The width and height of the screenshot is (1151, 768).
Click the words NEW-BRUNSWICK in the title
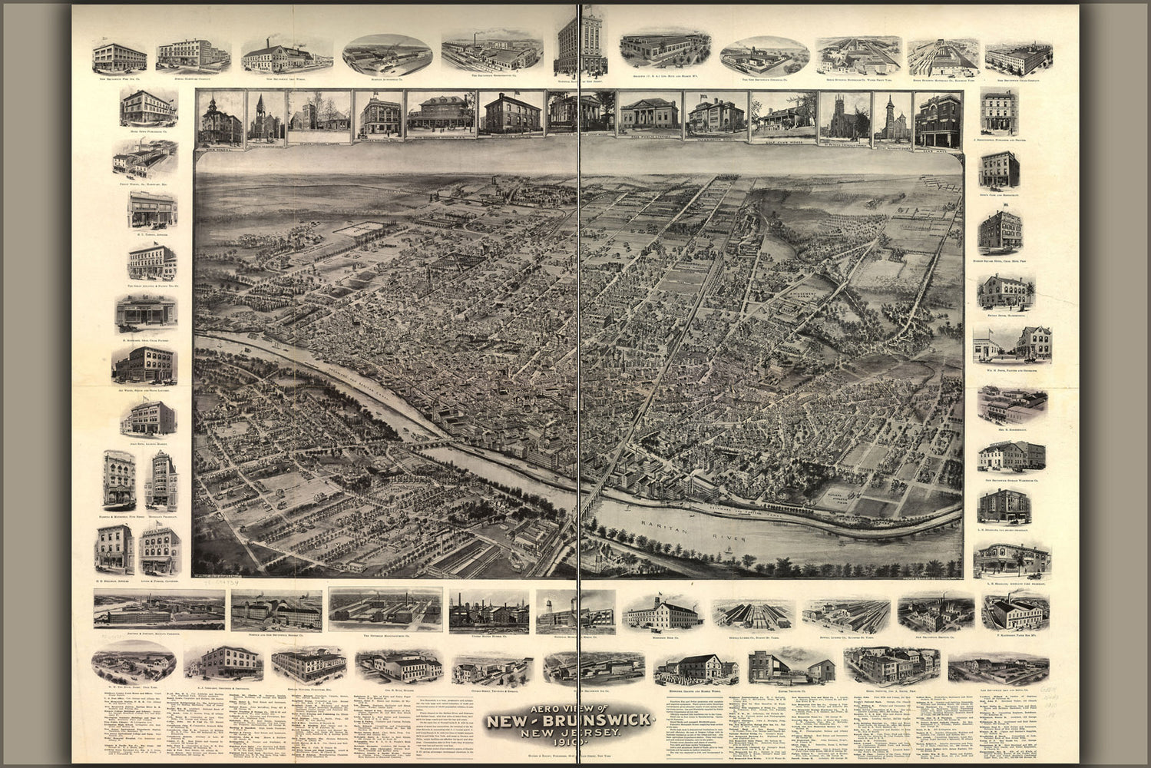(570, 721)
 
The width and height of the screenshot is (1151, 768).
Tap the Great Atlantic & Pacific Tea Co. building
(151, 263)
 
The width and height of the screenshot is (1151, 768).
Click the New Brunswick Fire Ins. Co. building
(119, 56)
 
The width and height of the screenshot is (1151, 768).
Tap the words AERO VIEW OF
(570, 705)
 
